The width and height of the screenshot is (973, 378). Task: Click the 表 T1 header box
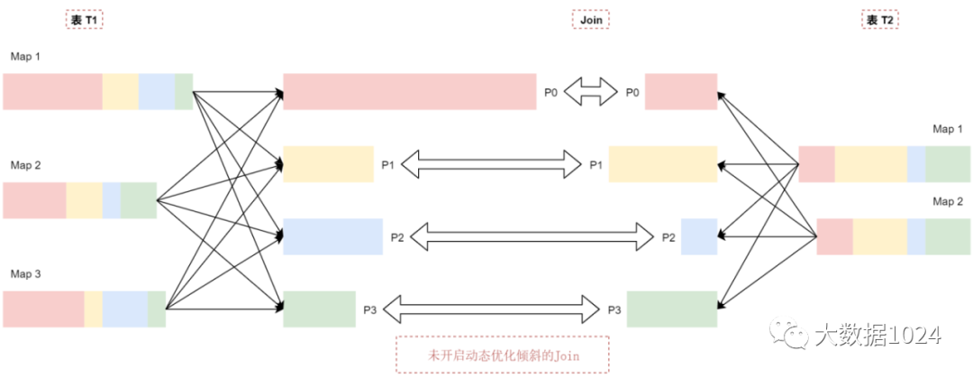[x=85, y=19]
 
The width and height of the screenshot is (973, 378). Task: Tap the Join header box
[x=590, y=19]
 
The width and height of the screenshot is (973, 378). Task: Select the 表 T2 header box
[x=879, y=19]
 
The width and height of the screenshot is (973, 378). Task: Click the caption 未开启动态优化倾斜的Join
[x=503, y=355]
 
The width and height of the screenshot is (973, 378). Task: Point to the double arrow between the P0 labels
[x=590, y=92]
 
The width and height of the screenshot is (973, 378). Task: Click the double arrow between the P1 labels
[x=491, y=164]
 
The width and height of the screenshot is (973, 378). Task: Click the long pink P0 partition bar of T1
[x=410, y=92]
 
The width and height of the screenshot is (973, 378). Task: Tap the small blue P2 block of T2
[x=699, y=236]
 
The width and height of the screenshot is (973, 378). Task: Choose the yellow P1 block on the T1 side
[x=329, y=164]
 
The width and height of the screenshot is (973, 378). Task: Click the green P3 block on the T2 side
[x=672, y=309]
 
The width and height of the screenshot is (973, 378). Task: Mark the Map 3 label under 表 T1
[x=26, y=273]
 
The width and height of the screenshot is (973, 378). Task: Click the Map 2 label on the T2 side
[x=947, y=201]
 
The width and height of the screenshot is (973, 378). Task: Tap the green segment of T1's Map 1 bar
[x=184, y=91]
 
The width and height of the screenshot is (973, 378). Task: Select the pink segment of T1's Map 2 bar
[x=34, y=200]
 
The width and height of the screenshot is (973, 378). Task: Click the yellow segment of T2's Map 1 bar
[x=870, y=164]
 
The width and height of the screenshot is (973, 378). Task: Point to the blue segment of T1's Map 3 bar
[x=124, y=309]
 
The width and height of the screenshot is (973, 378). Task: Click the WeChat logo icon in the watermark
[x=796, y=336]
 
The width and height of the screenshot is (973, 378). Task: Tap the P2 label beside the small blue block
[x=668, y=237]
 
